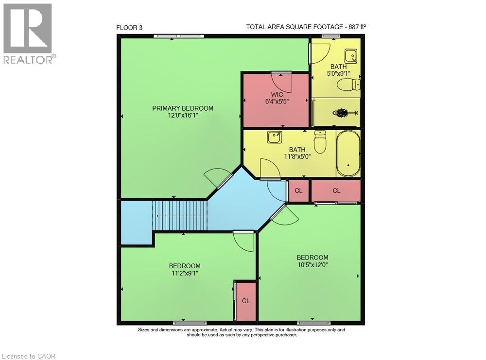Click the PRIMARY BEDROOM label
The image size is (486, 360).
pyautogui.click(x=183, y=108)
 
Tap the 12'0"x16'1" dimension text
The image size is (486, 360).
pyautogui.click(x=183, y=116)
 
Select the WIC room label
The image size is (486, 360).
pyautogui.click(x=277, y=94)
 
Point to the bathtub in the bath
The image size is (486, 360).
pyautogui.click(x=348, y=154)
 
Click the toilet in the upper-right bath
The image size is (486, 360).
pyautogui.click(x=349, y=86)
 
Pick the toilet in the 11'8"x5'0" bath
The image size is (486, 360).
pyautogui.click(x=320, y=142)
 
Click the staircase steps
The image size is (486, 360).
pyautogui.click(x=180, y=216)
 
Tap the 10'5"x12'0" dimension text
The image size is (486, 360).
pyautogui.click(x=312, y=265)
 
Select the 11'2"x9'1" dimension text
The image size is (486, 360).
pyautogui.click(x=184, y=273)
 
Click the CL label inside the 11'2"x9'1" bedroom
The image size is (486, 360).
pyautogui.click(x=246, y=301)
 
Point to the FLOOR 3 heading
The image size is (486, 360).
pyautogui.click(x=129, y=28)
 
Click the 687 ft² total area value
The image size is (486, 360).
pyautogui.click(x=357, y=27)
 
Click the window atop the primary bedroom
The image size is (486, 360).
pyautogui.click(x=178, y=36)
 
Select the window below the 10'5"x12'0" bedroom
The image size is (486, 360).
pyautogui.click(x=313, y=323)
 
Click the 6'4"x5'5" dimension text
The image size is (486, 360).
pyautogui.click(x=277, y=102)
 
